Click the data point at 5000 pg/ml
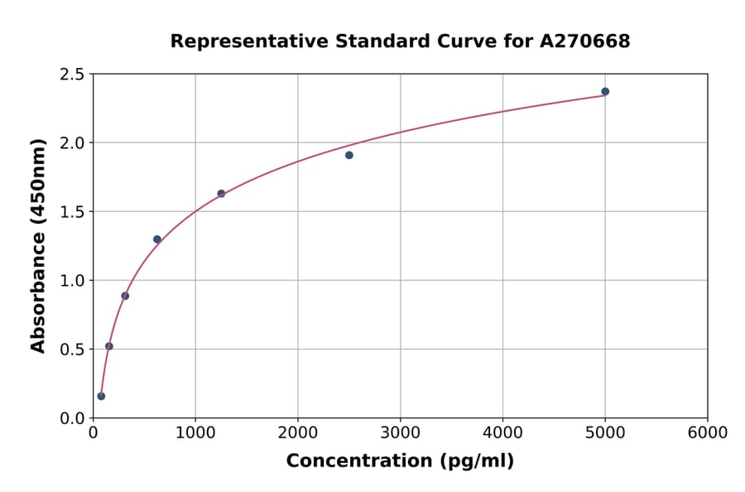click(605, 92)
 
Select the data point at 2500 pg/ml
click(349, 155)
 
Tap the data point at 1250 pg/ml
click(221, 194)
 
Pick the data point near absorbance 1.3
click(157, 239)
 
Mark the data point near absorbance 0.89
click(125, 296)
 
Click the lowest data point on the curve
click(101, 396)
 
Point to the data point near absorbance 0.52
click(109, 346)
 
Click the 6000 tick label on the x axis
click(708, 433)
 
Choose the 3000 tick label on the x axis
click(401, 433)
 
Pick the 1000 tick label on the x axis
click(195, 433)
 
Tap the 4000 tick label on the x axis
click(502, 433)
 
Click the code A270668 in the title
click(584, 41)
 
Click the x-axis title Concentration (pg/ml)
click(400, 461)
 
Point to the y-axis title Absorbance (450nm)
click(38, 245)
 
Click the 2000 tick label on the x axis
click(298, 433)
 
